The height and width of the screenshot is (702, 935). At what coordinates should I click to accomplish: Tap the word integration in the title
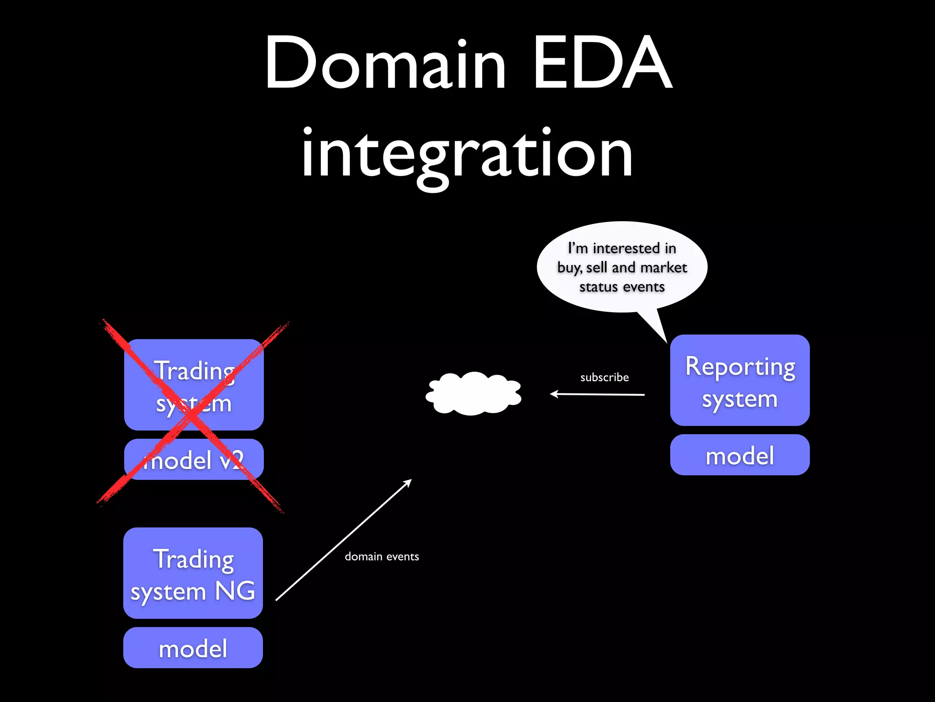(x=467, y=153)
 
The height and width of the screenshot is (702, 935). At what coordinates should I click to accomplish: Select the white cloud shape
(x=474, y=394)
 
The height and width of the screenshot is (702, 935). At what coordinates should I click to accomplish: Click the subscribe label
(x=604, y=378)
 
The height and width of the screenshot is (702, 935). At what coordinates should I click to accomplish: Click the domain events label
(x=382, y=557)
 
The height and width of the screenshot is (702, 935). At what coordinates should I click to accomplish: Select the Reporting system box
(x=740, y=380)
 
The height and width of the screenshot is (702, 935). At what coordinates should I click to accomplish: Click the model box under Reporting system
(x=740, y=455)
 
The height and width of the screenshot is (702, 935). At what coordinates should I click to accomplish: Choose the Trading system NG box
(x=193, y=573)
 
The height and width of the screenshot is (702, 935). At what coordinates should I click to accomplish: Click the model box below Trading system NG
(x=193, y=648)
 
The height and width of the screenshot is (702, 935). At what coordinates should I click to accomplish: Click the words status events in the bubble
(x=622, y=287)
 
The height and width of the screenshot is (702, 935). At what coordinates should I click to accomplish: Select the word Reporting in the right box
(x=740, y=367)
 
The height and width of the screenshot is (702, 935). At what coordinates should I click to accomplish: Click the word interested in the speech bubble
(x=626, y=248)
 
